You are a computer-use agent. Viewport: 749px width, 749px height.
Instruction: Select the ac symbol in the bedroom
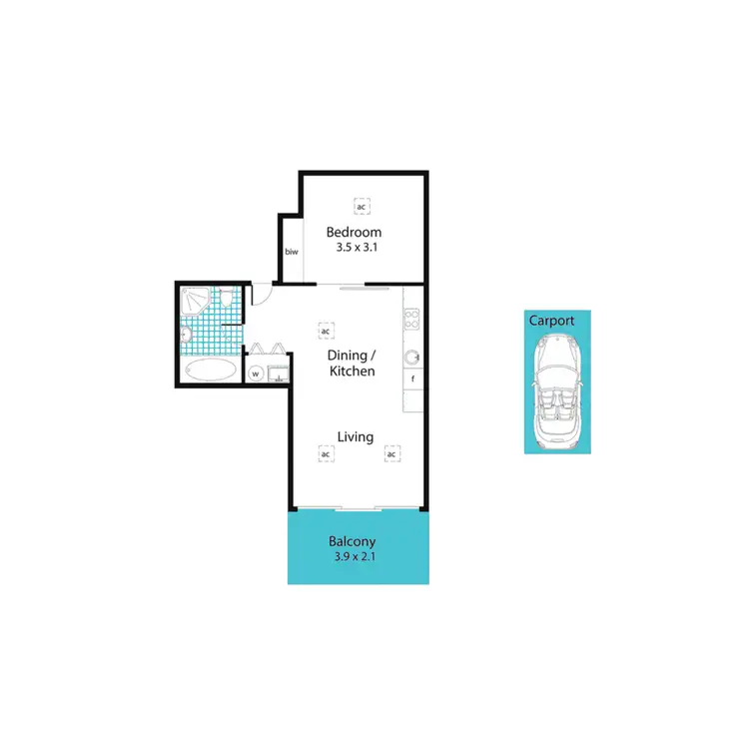point(361,207)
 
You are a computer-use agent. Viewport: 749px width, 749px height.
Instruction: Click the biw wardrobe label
point(292,252)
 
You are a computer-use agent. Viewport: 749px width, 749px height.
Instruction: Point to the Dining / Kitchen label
point(353,363)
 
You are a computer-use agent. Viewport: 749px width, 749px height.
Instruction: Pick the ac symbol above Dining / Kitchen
point(325,330)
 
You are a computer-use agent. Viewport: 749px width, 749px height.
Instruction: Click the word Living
point(355,436)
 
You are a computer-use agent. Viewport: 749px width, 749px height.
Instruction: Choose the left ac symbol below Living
point(325,454)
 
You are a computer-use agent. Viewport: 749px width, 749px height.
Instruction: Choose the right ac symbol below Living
point(391,454)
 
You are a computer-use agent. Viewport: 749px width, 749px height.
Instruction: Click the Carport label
point(551,321)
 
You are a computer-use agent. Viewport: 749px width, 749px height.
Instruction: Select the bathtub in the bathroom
point(212,371)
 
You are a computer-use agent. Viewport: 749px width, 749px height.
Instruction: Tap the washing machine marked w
point(255,374)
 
